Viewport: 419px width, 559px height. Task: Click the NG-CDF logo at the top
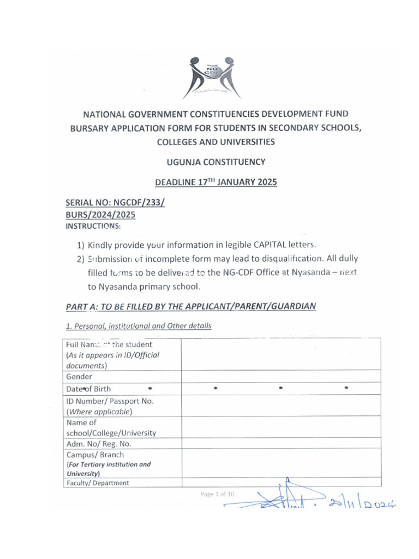tap(212, 77)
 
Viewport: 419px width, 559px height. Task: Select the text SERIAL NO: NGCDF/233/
tap(115, 203)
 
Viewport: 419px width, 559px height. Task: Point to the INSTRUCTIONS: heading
tap(93, 225)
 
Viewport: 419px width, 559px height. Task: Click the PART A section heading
tap(190, 306)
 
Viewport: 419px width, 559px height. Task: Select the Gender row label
tap(79, 377)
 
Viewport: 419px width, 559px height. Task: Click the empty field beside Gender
tap(282, 377)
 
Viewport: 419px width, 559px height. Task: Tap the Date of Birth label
tap(88, 389)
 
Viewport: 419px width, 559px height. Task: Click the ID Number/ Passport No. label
tap(110, 401)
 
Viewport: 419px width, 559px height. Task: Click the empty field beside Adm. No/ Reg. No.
tap(282, 444)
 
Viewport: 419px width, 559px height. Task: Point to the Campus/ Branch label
tap(95, 455)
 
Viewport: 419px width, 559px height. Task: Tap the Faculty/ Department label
tap(98, 483)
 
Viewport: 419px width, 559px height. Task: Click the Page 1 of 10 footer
tap(217, 494)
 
